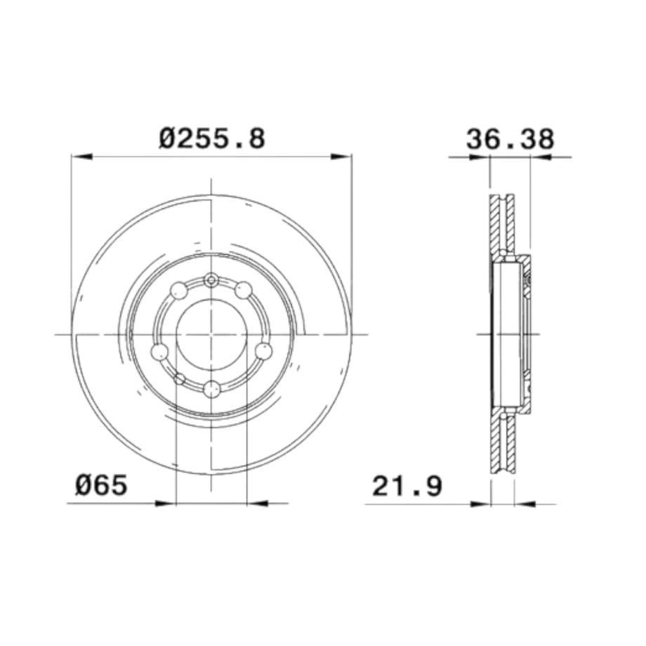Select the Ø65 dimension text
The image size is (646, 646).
click(x=102, y=485)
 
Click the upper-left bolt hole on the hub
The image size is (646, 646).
click(x=180, y=289)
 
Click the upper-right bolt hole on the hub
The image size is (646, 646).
click(x=243, y=289)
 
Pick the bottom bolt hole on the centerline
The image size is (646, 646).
click(x=211, y=388)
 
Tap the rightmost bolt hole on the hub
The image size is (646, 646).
click(x=263, y=350)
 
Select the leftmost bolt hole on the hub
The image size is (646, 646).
click(x=160, y=351)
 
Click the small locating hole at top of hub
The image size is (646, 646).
click(x=211, y=280)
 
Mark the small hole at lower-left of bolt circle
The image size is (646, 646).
click(x=180, y=379)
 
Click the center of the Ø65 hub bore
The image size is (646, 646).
click(x=211, y=334)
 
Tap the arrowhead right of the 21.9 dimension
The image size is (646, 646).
click(x=525, y=503)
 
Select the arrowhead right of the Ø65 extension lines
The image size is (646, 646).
click(x=258, y=503)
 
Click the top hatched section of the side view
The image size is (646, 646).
click(x=502, y=225)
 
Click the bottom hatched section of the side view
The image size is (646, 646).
click(x=502, y=442)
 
